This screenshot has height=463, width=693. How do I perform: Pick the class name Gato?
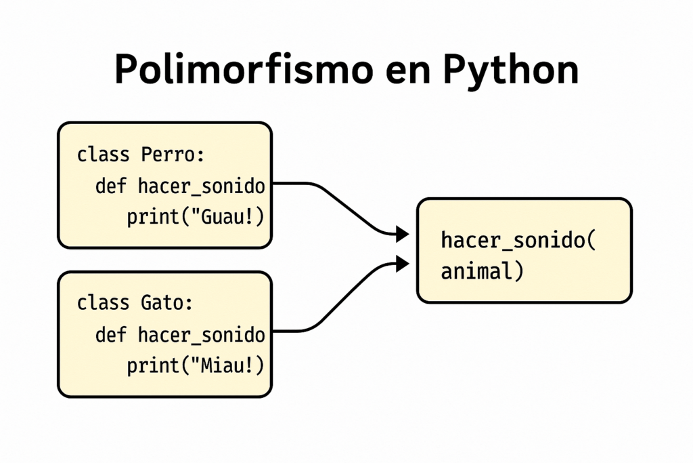pyautogui.click(x=163, y=302)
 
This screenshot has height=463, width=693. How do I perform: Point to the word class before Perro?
pyautogui.click(x=103, y=155)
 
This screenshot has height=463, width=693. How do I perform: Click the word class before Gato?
pyautogui.click(x=103, y=302)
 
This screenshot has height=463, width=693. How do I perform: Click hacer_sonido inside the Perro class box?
pyautogui.click(x=201, y=186)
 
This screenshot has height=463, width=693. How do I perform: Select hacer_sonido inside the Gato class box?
pyautogui.click(x=201, y=334)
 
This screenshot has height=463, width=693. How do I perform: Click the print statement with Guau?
pyautogui.click(x=195, y=218)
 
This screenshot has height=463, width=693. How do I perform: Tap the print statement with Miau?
pyautogui.click(x=195, y=366)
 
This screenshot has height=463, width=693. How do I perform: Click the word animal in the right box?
pyautogui.click(x=478, y=272)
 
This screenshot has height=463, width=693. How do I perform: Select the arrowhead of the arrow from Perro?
pyautogui.click(x=403, y=235)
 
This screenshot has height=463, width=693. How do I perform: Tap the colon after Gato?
pyautogui.click(x=189, y=304)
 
